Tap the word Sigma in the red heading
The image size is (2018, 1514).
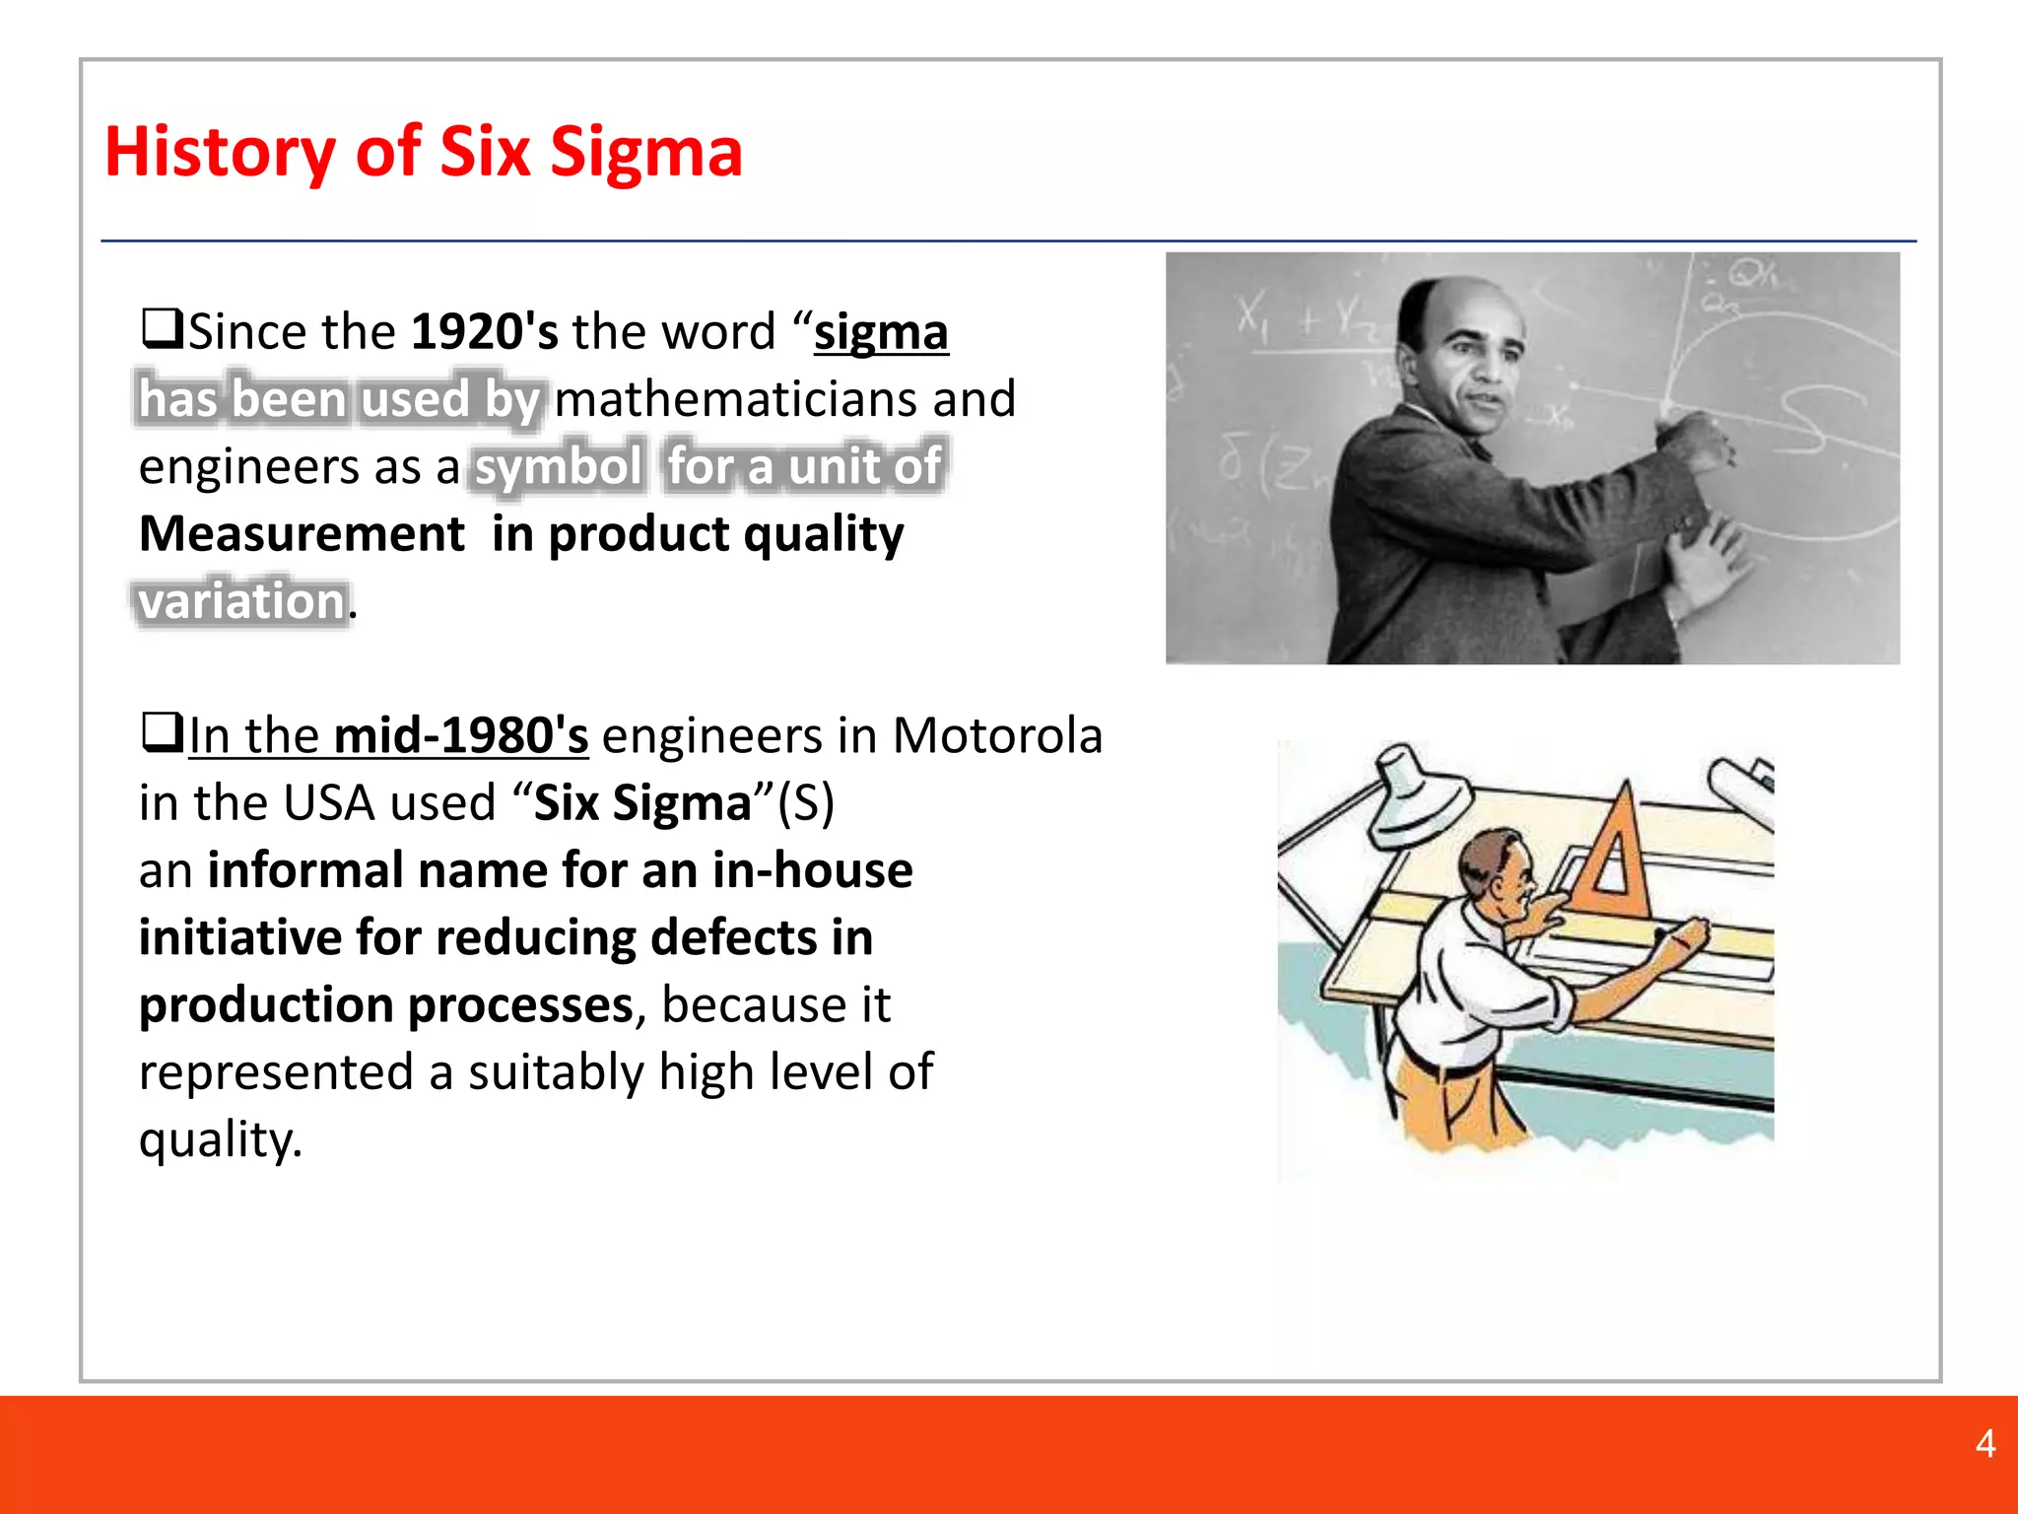pyautogui.click(x=645, y=153)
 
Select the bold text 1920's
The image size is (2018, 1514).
pyautogui.click(x=484, y=331)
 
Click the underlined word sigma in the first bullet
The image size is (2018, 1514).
pyautogui.click(x=881, y=331)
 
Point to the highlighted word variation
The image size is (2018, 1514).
pyautogui.click(x=241, y=601)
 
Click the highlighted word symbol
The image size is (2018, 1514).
pyautogui.click(x=559, y=466)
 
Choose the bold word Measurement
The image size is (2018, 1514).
pyautogui.click(x=302, y=534)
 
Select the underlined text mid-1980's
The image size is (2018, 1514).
pyautogui.click(x=461, y=735)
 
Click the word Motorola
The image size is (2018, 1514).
pyautogui.click(x=996, y=735)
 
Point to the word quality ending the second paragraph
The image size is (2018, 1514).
pyautogui.click(x=220, y=1139)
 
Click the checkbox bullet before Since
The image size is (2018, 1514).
pyautogui.click(x=163, y=328)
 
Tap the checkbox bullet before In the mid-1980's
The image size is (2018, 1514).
pyautogui.click(x=163, y=732)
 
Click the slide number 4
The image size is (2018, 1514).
pyautogui.click(x=1985, y=1444)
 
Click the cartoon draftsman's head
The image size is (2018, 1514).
pyautogui.click(x=1498, y=867)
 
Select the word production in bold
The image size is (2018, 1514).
pyautogui.click(x=266, y=1005)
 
